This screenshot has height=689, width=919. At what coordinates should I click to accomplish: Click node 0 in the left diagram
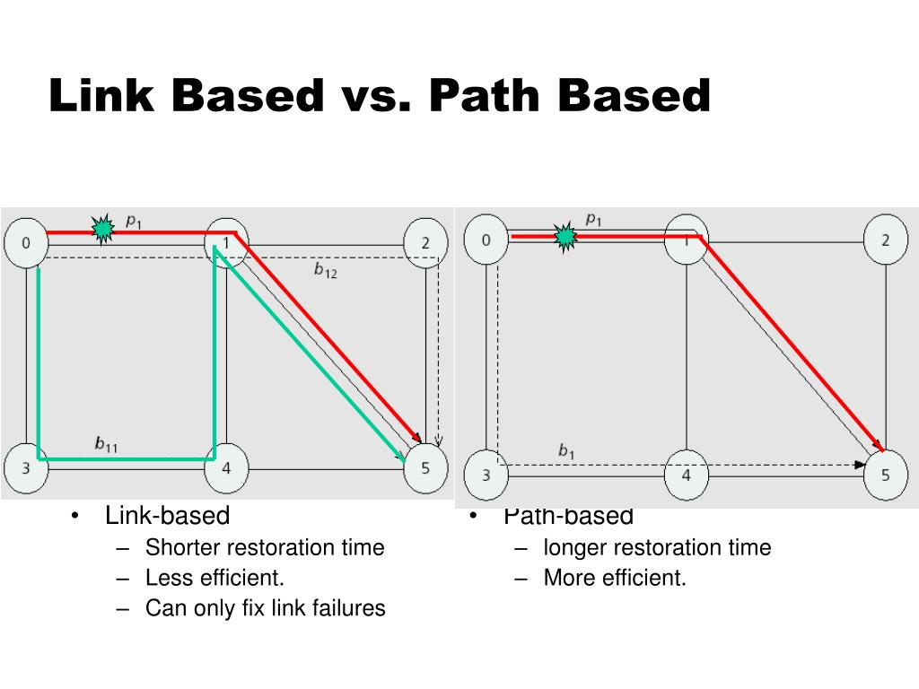26,242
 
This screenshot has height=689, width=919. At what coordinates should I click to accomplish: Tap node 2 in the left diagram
424,242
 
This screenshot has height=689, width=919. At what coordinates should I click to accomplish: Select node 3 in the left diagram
26,468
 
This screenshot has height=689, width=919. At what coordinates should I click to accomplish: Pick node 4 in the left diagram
226,468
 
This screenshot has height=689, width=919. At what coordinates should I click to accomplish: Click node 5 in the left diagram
424,468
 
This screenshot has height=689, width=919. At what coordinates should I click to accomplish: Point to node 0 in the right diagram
486,240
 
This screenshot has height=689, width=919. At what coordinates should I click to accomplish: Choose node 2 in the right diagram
886,240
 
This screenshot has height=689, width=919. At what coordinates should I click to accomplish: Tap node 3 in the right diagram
486,475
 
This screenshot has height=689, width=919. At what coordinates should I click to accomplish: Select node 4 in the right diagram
687,475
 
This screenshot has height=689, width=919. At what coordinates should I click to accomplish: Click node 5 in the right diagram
886,475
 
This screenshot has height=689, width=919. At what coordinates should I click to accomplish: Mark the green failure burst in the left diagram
104,230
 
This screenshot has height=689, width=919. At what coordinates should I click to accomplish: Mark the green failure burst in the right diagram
565,237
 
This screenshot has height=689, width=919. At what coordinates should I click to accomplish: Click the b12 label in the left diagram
325,270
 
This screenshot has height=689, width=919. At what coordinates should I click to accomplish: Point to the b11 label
106,443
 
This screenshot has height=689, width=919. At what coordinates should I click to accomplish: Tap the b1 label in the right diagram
566,450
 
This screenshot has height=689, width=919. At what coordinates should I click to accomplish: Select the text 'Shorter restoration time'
265,547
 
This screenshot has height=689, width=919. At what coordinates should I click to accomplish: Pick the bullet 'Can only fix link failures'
265,608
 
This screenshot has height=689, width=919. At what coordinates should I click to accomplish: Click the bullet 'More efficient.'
615,578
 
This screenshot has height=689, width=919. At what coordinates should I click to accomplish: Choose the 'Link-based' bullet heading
167,516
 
